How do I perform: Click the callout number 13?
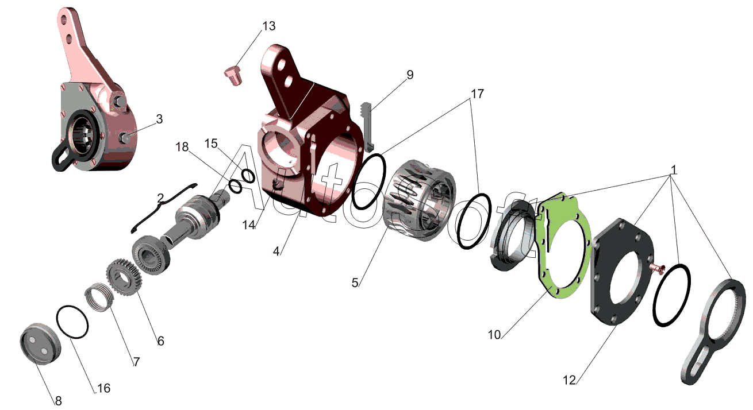(x=269, y=26)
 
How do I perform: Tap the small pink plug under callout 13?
(x=233, y=76)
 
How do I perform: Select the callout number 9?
(x=410, y=75)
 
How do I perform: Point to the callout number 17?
(x=477, y=94)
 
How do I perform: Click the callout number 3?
(x=159, y=119)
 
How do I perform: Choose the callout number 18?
(x=182, y=147)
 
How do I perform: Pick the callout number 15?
(x=211, y=144)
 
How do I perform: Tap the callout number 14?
(x=249, y=225)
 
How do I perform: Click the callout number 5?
(x=355, y=283)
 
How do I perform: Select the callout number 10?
(x=494, y=335)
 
